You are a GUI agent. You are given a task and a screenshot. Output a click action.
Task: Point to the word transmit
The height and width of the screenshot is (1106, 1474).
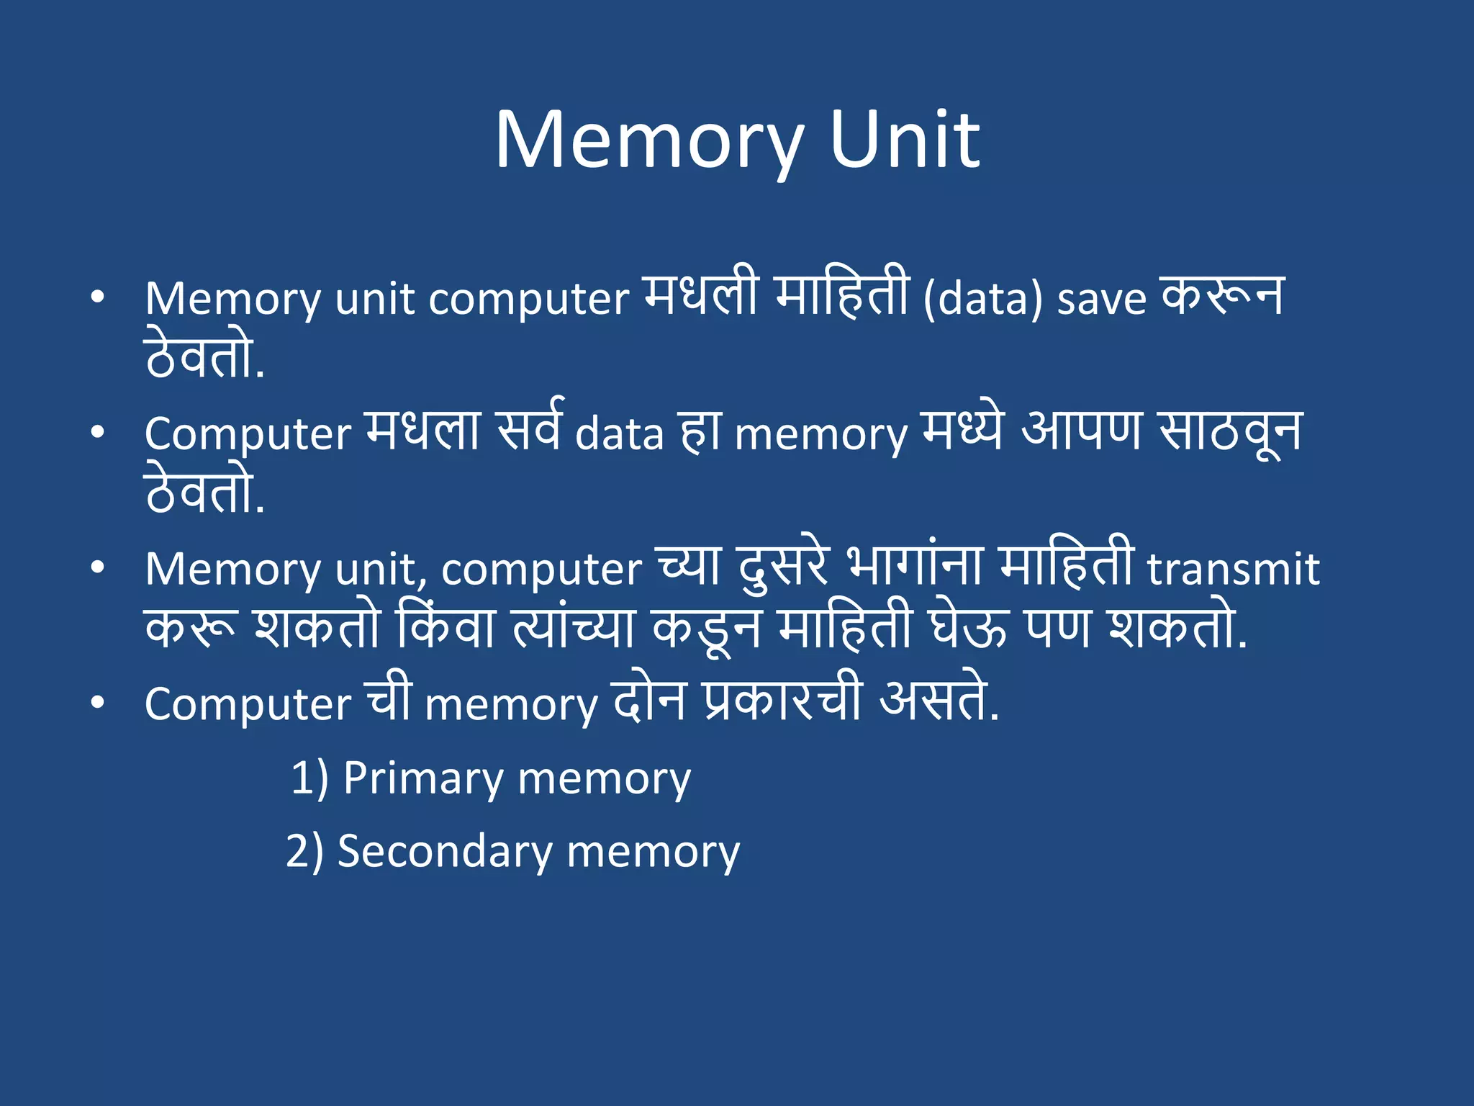coord(1233,570)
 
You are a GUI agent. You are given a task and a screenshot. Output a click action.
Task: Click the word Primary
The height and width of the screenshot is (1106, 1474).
coord(422,778)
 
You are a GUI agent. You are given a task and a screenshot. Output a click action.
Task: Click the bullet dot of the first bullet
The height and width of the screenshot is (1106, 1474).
coord(98,297)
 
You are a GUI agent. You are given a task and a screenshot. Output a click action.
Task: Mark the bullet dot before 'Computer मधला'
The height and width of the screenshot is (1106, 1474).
coord(98,432)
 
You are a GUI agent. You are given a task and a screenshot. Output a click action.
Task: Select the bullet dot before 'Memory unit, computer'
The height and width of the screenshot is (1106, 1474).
coord(98,567)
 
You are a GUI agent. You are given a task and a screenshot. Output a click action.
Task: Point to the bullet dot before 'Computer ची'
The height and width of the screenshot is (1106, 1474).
coord(98,703)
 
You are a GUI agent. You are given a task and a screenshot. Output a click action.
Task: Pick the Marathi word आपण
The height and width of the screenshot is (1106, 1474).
coord(1081,431)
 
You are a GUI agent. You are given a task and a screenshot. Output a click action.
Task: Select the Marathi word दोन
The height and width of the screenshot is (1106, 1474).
coord(649,700)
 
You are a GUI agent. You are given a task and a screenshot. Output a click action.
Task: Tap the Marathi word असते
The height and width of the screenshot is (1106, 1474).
coord(939,700)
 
